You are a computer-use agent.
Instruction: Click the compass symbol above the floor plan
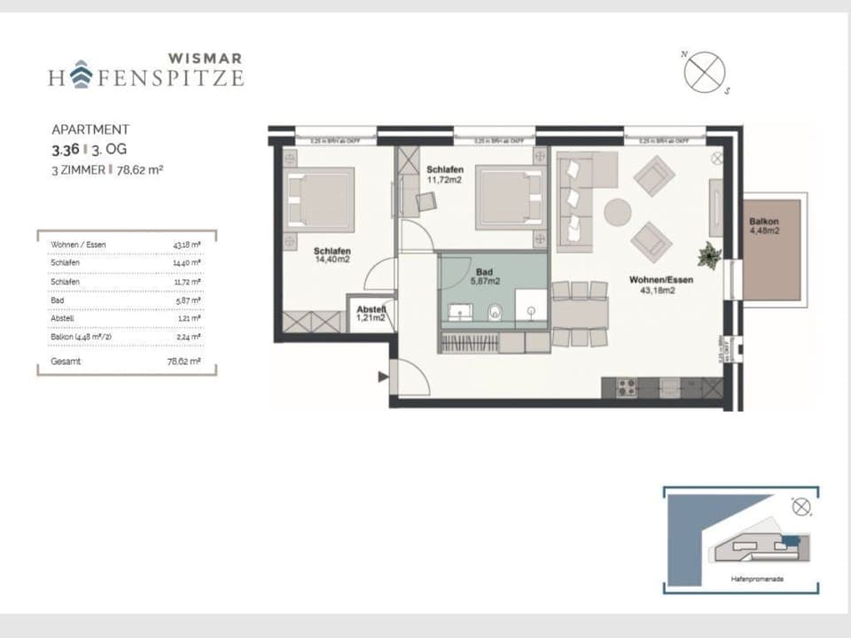tap(705, 72)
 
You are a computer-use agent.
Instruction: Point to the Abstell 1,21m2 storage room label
tap(371, 312)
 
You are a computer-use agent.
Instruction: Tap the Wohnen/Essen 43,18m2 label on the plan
tap(660, 284)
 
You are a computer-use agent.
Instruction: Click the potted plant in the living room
tap(710, 254)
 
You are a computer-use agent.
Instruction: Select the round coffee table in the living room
tap(618, 213)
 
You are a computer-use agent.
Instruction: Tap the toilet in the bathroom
tap(496, 311)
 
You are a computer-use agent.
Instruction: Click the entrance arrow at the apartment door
tap(383, 377)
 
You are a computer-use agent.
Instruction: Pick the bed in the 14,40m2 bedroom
tap(319, 199)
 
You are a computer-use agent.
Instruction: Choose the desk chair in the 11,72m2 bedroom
tap(426, 200)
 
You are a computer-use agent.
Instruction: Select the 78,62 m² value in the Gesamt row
tap(183, 362)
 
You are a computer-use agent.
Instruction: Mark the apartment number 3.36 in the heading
tap(65, 151)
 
